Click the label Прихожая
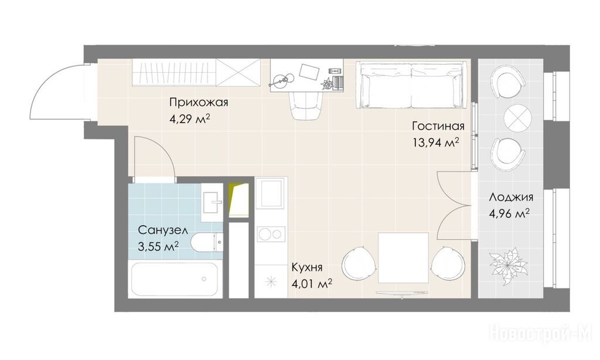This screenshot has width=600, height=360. [199, 102]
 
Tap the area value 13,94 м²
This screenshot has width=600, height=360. [436, 142]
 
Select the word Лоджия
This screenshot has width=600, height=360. [511, 198]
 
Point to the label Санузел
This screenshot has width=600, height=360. [163, 230]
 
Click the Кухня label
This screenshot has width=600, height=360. [307, 267]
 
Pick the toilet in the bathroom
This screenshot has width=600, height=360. [207, 242]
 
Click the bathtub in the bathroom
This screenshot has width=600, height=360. [174, 279]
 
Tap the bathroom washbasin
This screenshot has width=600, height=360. [212, 202]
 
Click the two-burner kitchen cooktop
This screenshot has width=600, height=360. [271, 233]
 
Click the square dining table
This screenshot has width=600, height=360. [403, 258]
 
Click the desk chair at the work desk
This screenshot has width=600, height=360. [306, 106]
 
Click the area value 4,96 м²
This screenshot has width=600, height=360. [509, 213]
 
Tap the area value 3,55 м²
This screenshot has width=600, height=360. [158, 246]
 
